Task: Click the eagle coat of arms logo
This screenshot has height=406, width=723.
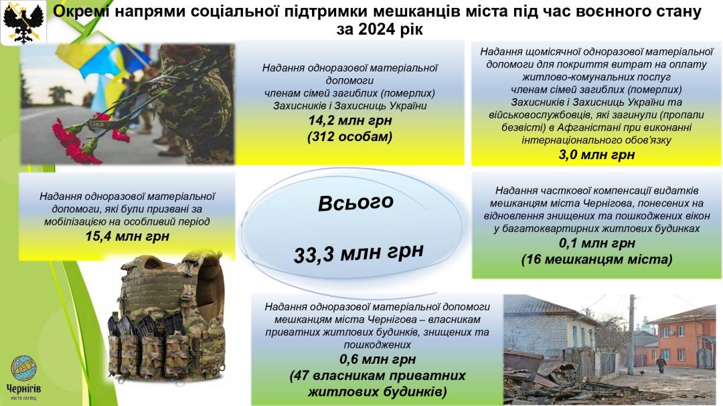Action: pyautogui.click(x=23, y=21)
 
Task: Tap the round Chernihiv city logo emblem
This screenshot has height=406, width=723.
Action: pyautogui.click(x=24, y=368)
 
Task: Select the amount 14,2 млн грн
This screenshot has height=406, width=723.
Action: pyautogui.click(x=350, y=121)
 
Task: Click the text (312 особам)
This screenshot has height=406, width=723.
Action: pyautogui.click(x=350, y=137)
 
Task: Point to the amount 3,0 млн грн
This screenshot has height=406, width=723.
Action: pyautogui.click(x=596, y=155)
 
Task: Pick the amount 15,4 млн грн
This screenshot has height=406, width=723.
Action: pyautogui.click(x=127, y=236)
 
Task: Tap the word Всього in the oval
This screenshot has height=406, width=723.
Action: pyautogui.click(x=355, y=203)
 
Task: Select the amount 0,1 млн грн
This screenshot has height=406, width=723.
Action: pyautogui.click(x=596, y=243)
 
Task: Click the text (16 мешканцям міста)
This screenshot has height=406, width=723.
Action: pyautogui.click(x=596, y=260)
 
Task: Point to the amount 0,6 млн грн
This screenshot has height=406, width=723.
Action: pyautogui.click(x=377, y=359)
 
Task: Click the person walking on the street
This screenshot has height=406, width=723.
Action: pyautogui.click(x=661, y=364)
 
